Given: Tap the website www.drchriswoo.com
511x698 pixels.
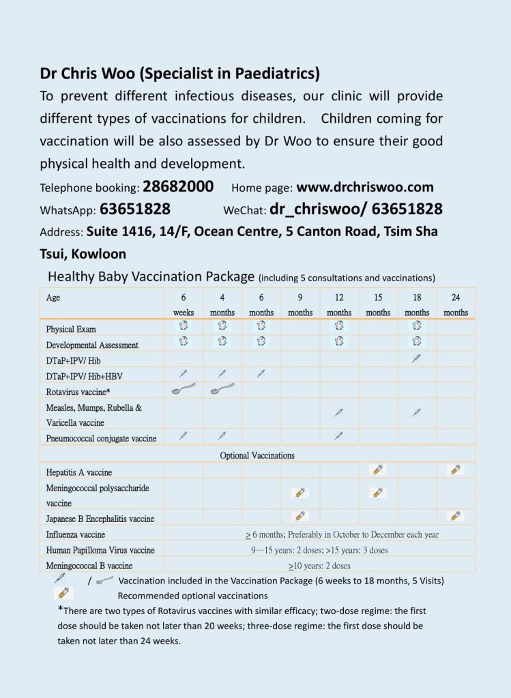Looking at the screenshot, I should coord(364,187).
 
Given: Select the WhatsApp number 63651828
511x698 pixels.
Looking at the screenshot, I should coord(135,209).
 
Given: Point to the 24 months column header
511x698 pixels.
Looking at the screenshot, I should coord(456,304).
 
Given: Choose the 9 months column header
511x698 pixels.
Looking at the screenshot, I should coord(300,304).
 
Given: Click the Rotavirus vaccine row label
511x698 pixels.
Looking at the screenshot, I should coord(79,392).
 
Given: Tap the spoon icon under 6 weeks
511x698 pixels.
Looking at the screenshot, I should coord(184,389).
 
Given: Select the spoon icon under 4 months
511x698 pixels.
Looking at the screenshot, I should coord(222,389).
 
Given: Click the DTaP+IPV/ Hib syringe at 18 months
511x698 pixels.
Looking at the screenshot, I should coord(417,358).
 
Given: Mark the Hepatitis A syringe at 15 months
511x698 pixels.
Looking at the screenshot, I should coord(379,469).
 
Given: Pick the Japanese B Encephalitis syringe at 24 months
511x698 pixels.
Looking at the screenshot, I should coord(456,516).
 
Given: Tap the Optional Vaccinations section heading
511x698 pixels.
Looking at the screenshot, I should coord(257,455).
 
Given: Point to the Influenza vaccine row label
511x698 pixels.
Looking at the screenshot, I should coord(76,535).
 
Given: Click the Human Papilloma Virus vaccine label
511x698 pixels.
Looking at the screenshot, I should coord(100,550).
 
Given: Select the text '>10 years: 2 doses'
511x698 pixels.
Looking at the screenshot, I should coord(320,566).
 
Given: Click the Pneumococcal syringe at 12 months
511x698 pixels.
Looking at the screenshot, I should coord(339,437).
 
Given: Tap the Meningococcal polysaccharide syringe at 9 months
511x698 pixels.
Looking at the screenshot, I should coord(300,492).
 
